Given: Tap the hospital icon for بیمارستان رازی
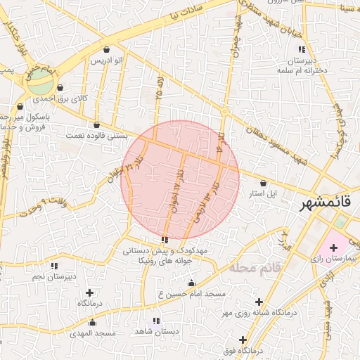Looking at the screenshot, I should click(333, 248).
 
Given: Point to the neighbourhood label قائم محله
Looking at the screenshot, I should click(255, 268).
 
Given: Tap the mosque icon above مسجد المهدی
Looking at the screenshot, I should click(92, 322).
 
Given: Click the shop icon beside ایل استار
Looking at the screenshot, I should click(263, 182).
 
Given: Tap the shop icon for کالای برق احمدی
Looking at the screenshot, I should click(60, 89).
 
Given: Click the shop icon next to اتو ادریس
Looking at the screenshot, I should click(106, 50).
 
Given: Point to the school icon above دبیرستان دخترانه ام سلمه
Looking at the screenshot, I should click(302, 49).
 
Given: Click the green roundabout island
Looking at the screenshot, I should click(41, 84).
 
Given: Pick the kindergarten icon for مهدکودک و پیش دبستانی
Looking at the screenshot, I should click(165, 240).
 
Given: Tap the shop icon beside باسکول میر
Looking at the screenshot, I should click(20, 107).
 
